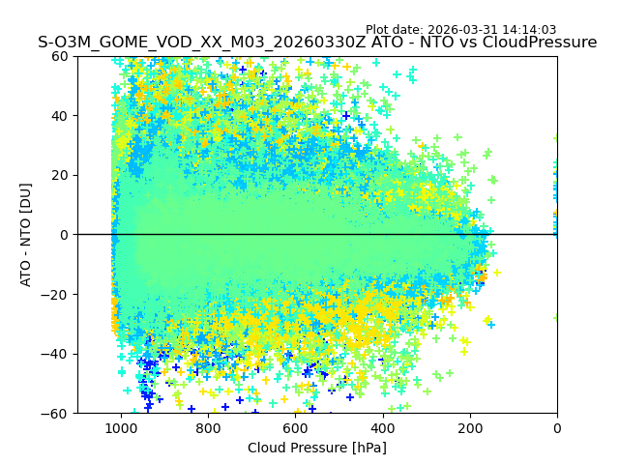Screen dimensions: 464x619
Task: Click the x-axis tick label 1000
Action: click(x=121, y=428)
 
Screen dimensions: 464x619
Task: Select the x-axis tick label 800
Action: click(x=208, y=428)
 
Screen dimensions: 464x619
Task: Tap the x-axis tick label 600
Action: click(x=295, y=428)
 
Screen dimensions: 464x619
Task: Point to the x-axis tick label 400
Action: click(x=382, y=428)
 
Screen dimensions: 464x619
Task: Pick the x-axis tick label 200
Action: click(x=469, y=428)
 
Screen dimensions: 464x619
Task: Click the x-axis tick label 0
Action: click(x=557, y=428)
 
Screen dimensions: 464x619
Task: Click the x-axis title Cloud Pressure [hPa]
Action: click(x=317, y=448)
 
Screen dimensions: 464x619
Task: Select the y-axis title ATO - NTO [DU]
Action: click(x=26, y=235)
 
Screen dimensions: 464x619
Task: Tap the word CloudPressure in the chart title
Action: click(x=538, y=43)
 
